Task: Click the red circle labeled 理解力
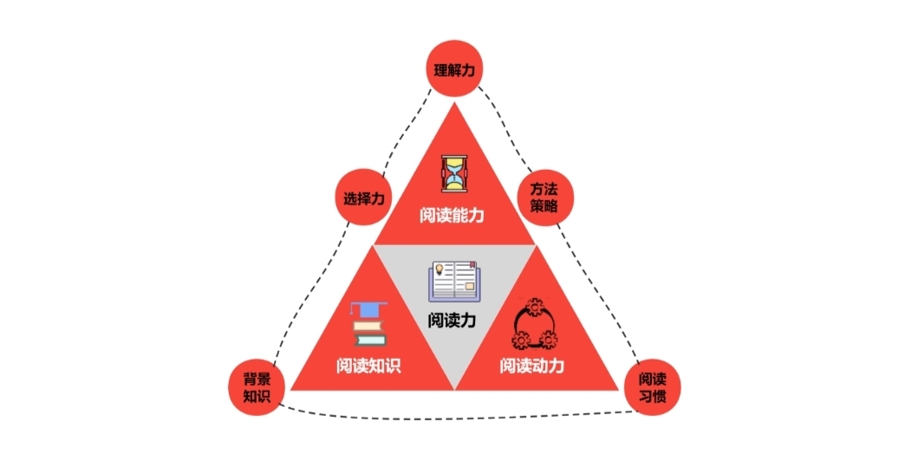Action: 454,70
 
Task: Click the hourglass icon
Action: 454,173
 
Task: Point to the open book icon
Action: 453,281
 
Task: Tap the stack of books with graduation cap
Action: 368,325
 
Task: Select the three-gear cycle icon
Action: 532,324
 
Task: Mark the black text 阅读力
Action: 452,320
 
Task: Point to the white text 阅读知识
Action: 368,365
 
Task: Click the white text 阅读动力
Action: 532,365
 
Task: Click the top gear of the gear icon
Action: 532,307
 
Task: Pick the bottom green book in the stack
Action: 369,340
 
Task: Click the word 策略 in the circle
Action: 544,207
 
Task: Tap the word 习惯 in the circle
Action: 653,397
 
